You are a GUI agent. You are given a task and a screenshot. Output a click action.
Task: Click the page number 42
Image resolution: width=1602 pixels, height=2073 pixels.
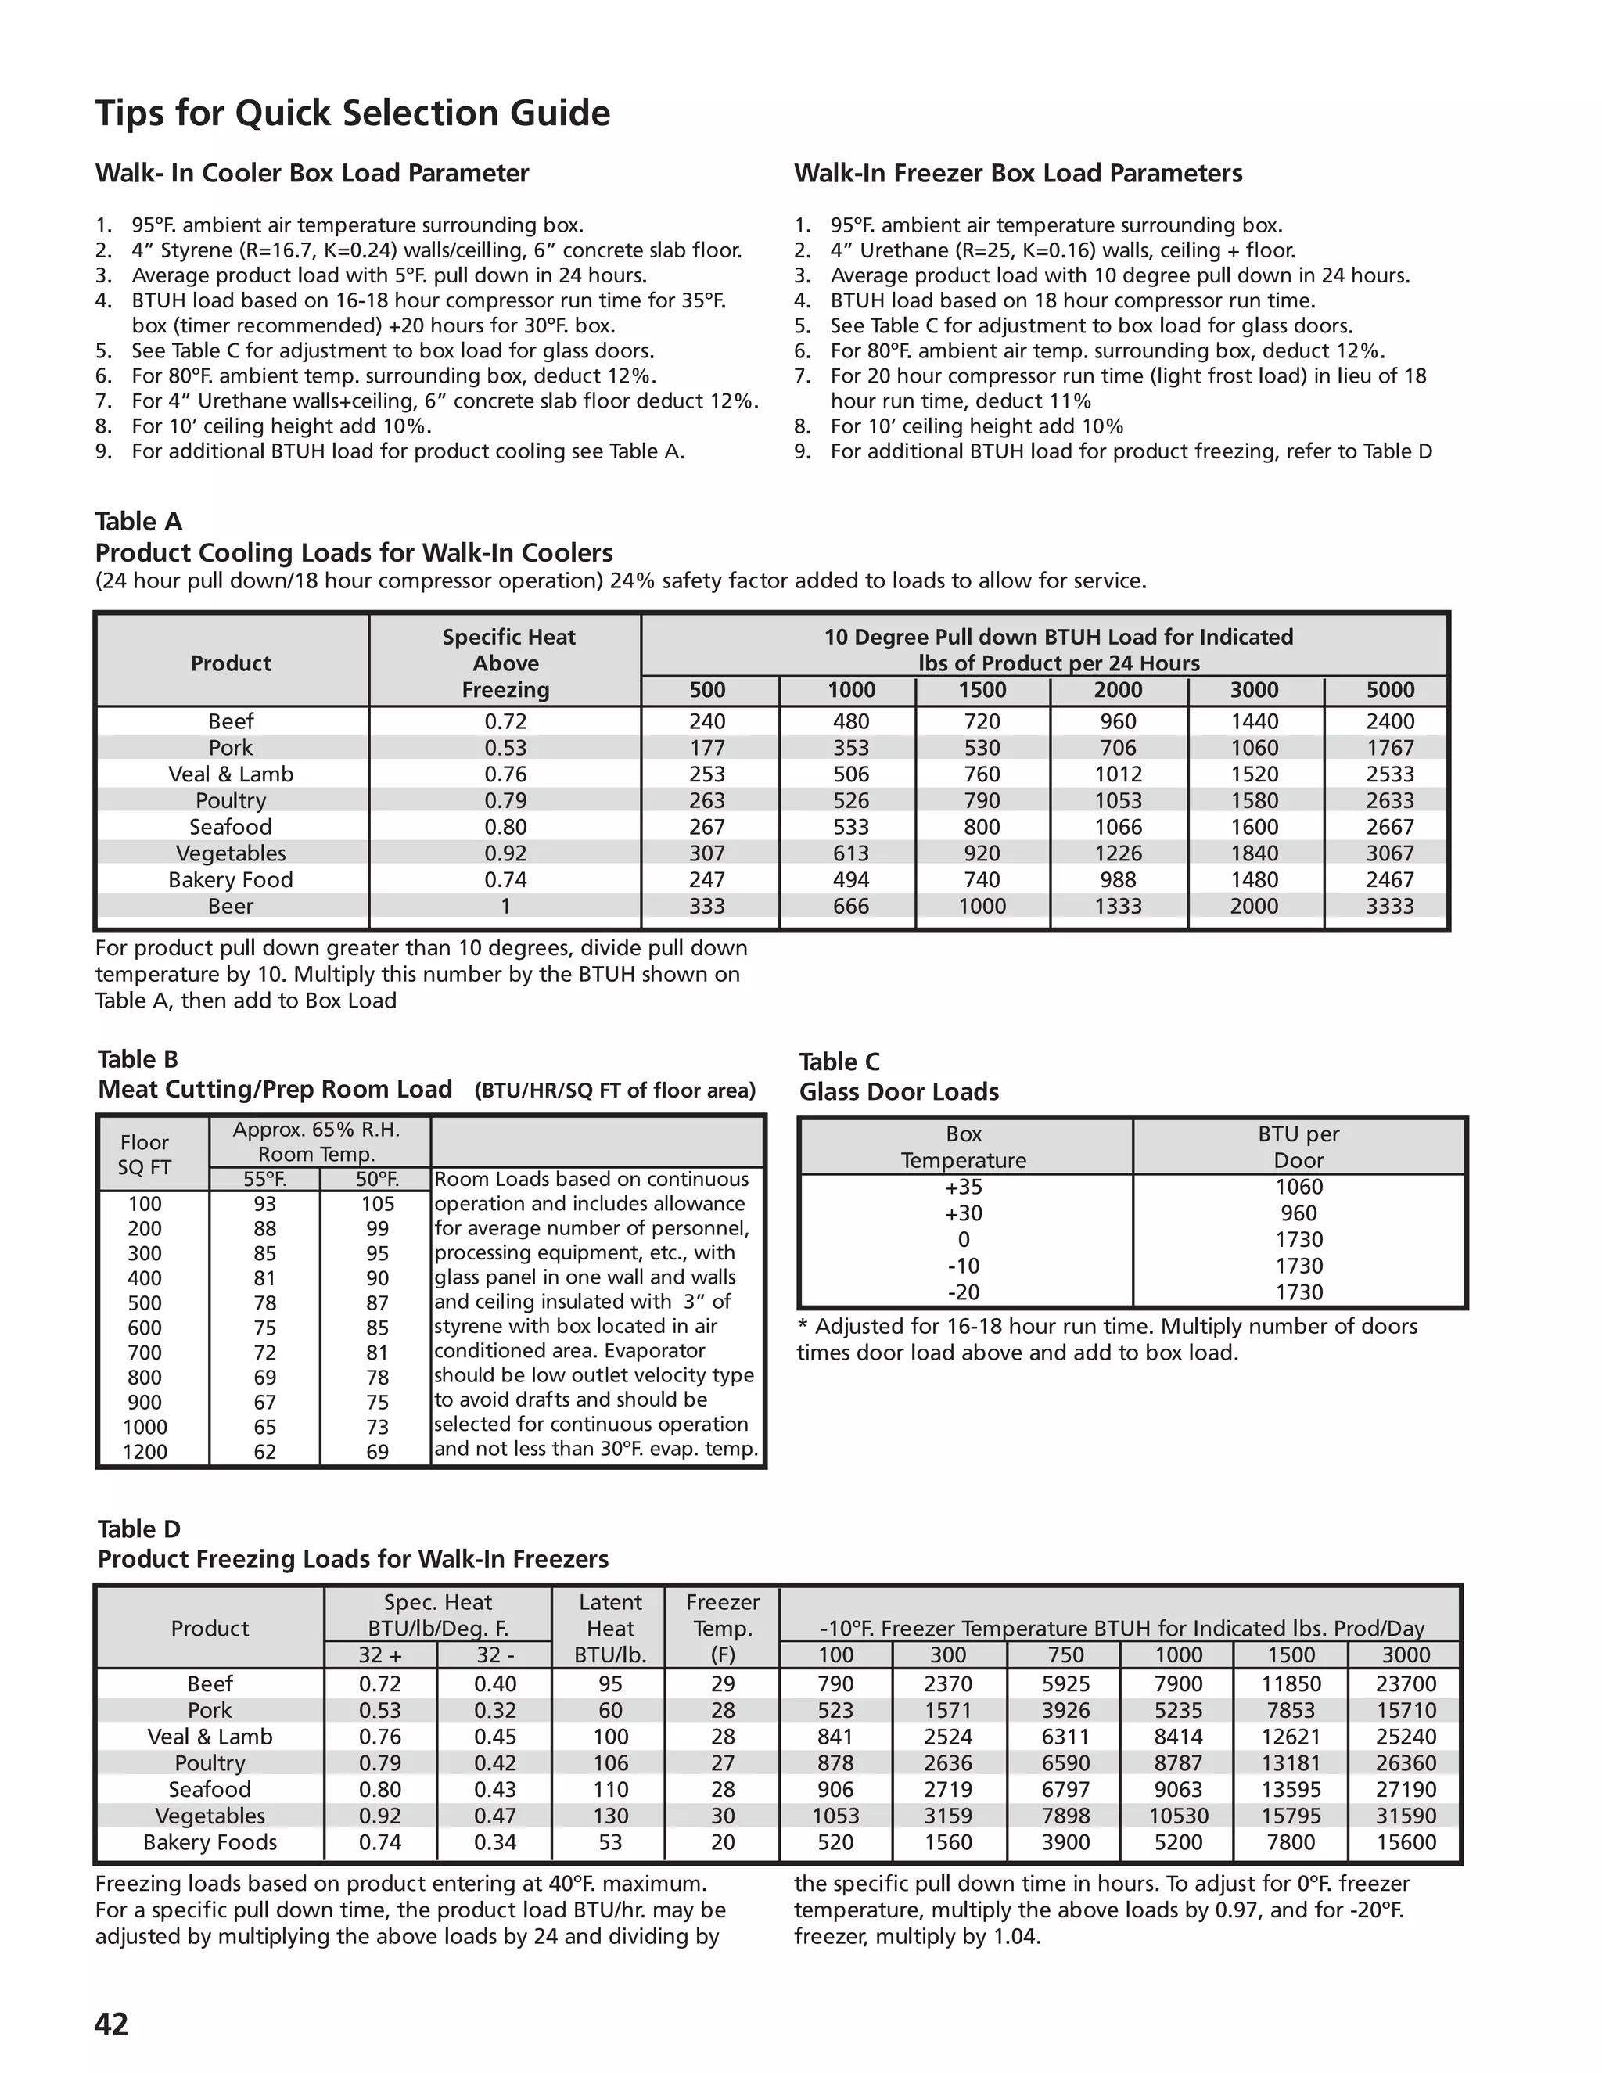(111, 2024)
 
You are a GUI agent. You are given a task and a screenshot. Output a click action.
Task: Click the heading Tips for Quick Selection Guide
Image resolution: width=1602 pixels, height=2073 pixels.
(352, 113)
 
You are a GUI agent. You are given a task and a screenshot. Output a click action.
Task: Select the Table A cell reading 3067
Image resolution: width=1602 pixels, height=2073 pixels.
(1389, 853)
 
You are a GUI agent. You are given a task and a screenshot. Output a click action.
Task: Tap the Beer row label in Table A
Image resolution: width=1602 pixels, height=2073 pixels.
(231, 907)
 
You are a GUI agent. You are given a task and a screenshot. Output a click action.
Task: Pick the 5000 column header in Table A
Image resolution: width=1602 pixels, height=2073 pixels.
(1389, 690)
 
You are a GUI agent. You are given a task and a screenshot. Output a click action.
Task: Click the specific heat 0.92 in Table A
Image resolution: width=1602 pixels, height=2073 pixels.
(505, 853)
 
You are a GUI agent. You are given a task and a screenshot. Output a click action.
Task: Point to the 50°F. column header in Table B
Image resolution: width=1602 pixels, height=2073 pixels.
(377, 1180)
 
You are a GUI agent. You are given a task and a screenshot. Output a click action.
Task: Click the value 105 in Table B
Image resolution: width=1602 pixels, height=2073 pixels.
(377, 1204)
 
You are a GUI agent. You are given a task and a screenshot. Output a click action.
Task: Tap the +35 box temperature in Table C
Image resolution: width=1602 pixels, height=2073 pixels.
(963, 1187)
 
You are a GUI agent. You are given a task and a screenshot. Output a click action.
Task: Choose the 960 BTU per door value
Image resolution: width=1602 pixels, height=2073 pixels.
(1298, 1213)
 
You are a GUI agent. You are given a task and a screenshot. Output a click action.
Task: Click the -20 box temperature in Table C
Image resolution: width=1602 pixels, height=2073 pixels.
(963, 1292)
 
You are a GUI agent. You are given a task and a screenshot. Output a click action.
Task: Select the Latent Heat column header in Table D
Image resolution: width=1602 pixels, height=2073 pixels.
(610, 1629)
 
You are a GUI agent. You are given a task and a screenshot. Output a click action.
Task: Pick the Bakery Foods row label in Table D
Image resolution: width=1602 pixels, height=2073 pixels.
(210, 1842)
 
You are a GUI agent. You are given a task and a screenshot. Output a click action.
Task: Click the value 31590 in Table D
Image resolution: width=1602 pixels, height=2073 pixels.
(1406, 1816)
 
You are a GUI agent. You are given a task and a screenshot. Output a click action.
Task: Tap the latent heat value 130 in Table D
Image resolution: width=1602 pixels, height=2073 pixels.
(610, 1816)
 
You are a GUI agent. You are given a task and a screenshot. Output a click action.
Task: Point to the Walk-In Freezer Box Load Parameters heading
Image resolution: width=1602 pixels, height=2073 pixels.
(1018, 173)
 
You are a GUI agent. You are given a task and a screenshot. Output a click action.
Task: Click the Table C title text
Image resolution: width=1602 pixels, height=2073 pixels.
(839, 1062)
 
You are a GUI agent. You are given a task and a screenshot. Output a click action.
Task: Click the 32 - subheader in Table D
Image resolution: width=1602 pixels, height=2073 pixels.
(494, 1655)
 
